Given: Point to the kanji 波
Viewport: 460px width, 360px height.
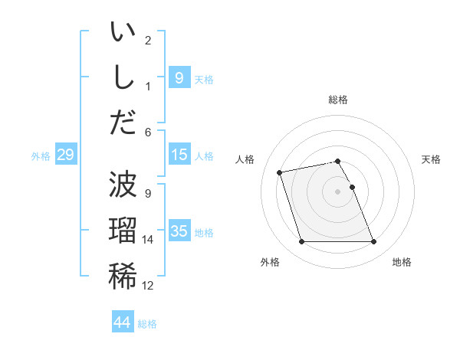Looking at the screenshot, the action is (123, 185).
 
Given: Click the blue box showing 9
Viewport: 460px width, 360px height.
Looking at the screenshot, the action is (179, 77).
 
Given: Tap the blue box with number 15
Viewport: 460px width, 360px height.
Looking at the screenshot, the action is (179, 155).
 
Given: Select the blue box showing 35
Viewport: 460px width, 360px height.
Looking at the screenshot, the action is (179, 231).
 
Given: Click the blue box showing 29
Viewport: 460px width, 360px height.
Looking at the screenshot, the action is (65, 155).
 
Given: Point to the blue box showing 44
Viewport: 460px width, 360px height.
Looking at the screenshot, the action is (123, 322).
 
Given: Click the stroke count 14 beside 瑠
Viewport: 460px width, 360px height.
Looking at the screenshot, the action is (148, 240).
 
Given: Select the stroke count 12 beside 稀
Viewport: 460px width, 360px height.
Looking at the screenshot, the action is (148, 286).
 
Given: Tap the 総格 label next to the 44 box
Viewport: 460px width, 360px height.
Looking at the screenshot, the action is (147, 324).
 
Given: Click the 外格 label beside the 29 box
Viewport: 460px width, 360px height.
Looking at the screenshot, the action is (41, 156).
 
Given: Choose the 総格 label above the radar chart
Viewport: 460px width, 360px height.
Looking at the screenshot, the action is (338, 100).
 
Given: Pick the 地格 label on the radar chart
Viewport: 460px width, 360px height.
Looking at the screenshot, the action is (402, 262).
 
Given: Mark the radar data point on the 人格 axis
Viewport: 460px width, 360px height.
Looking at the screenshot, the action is (280, 172).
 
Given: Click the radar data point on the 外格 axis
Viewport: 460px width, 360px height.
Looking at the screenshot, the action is (301, 242).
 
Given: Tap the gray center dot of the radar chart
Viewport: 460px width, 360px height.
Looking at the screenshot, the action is (338, 191).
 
